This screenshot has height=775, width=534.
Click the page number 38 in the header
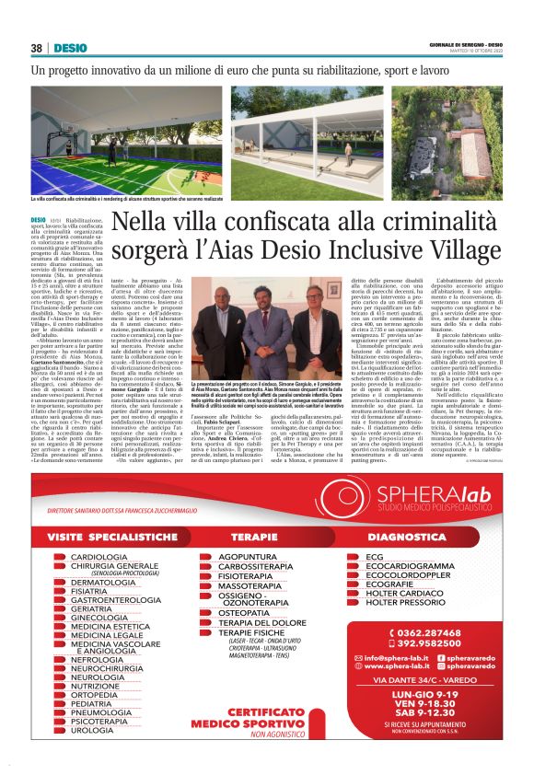point(37,48)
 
